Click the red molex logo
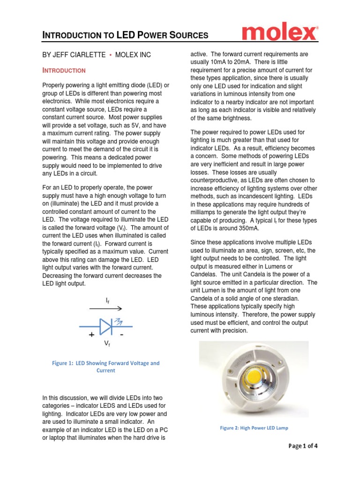279,34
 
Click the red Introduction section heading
64,71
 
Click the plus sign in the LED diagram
91,335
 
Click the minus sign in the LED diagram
121,335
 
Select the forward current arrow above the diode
106,308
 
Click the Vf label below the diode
107,344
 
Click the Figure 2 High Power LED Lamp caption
255,427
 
